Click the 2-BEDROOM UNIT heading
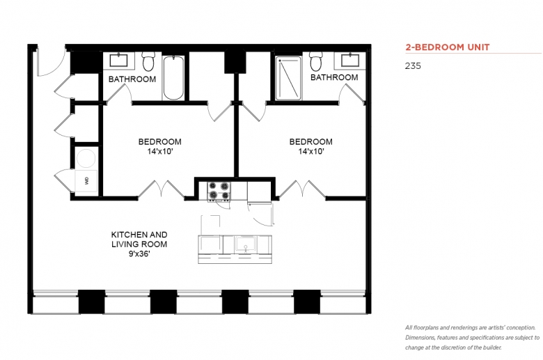coord(448,47)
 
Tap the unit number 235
coord(413,66)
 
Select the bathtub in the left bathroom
coord(173,77)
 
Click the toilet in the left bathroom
coord(148,61)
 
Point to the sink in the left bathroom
coord(119,61)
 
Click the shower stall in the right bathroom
coord(288,78)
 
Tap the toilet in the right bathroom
coord(315,61)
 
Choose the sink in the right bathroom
coord(350,61)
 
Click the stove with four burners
coord(219,191)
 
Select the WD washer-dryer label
coord(86,180)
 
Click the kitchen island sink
coord(246,244)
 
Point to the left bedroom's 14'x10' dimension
coord(159,151)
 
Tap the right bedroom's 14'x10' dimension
coord(311,151)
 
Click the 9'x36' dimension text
coord(139,254)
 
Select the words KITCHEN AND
coord(139,235)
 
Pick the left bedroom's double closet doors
coord(162,189)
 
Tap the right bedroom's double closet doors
coord(302,189)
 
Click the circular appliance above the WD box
coord(86,158)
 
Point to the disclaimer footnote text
coord(472,338)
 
